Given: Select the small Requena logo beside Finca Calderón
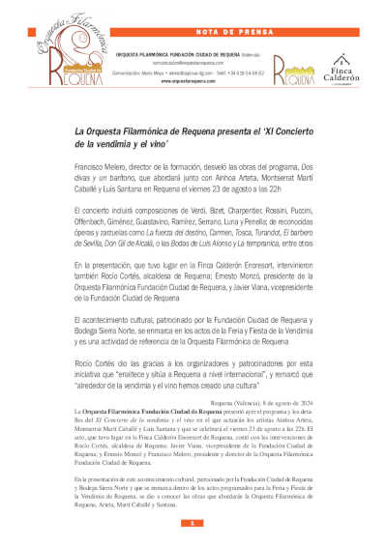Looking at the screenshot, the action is (x=291, y=71).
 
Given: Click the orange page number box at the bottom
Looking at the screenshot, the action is (x=193, y=523).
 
